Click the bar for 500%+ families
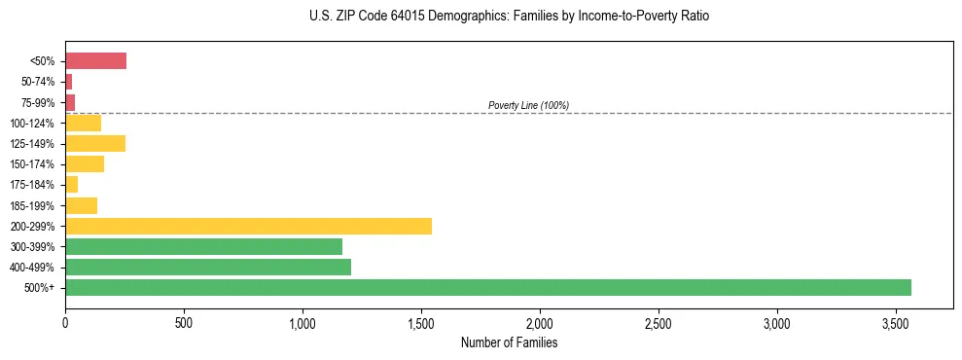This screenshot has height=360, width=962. coord(487,287)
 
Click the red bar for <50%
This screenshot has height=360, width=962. coord(95,61)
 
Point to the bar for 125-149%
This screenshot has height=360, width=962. coord(95,143)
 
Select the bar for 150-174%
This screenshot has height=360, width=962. coord(85,163)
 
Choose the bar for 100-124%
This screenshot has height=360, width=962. coord(83,123)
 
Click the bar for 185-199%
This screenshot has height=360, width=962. coord(81,205)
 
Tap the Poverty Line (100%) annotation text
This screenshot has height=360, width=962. coord(528,105)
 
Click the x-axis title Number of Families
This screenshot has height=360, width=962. coord(509,342)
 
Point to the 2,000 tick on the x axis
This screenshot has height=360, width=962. coord(540,322)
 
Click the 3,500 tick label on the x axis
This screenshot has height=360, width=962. coord(896,322)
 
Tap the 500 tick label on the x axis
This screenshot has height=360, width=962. coord(184,322)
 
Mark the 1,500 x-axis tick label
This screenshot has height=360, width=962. coord(421,322)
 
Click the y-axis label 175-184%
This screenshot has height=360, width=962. coord(31,185)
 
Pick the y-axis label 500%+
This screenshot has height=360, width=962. coord(40,288)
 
